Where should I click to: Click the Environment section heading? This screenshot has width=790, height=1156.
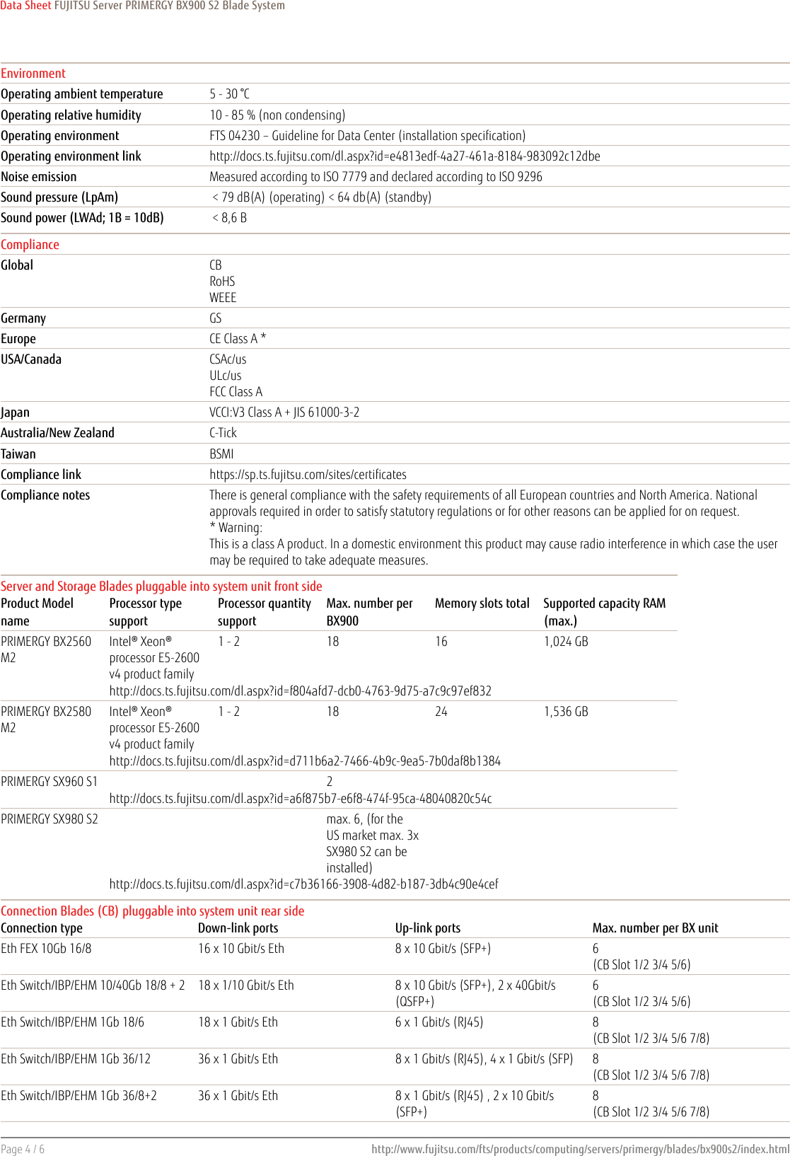[33, 74]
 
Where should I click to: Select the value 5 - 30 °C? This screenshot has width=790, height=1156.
[229, 94]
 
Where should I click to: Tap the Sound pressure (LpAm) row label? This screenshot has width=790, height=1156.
[59, 197]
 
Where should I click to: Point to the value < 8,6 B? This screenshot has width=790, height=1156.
[230, 218]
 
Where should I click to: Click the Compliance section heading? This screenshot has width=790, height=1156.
[30, 245]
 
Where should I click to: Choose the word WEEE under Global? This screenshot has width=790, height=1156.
[223, 298]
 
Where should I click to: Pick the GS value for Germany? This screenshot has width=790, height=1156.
[216, 318]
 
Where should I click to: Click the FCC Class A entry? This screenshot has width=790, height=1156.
[236, 392]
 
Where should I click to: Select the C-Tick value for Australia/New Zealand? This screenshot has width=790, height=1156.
[223, 433]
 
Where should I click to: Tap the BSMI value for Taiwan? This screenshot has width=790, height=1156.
[221, 454]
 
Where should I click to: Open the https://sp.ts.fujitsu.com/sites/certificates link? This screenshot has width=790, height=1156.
[308, 475]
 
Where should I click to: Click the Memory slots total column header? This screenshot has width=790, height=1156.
[482, 603]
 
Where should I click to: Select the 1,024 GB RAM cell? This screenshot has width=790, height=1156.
[566, 642]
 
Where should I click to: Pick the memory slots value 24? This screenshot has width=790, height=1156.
[441, 712]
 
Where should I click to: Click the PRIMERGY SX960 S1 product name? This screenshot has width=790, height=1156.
[50, 782]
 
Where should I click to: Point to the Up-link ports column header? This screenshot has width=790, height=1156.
[428, 928]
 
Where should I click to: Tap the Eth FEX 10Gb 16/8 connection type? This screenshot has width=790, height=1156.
[46, 949]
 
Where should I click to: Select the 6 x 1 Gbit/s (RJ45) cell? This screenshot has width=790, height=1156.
[439, 1022]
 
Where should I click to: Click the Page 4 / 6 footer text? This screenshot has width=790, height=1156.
[23, 1149]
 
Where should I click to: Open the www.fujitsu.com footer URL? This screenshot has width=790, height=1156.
[580, 1149]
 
